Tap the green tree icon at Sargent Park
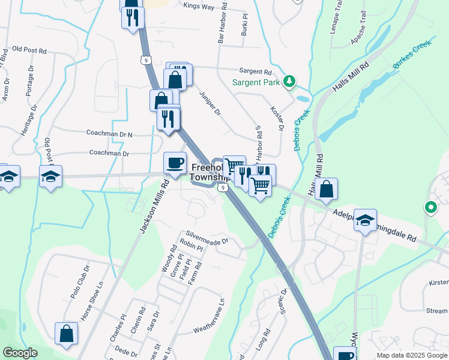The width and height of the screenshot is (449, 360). click(x=290, y=80)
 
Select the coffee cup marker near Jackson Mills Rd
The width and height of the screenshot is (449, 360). click(x=175, y=164)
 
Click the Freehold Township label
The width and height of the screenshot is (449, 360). click(x=208, y=173)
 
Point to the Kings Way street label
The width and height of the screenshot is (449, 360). click(x=199, y=6)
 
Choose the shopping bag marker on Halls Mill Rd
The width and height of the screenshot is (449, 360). click(x=326, y=190)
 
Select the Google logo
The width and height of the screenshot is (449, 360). click(x=20, y=353)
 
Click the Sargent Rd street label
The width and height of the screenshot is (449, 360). click(x=256, y=70)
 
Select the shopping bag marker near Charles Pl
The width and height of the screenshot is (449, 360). click(x=67, y=334)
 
